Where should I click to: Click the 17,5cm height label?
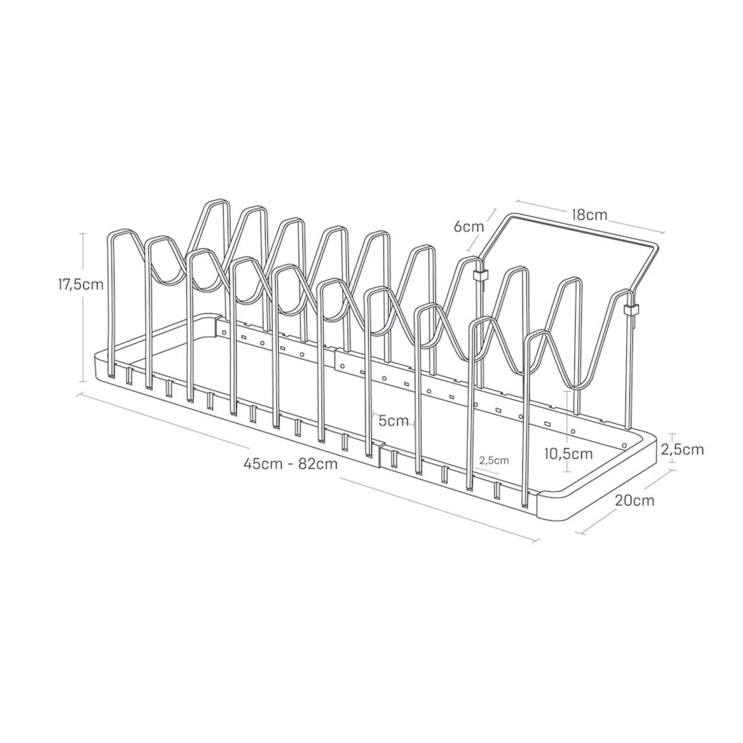pyautogui.click(x=81, y=285)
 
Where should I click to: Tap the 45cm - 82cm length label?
pyautogui.click(x=291, y=464)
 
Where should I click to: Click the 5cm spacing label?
pyautogui.click(x=394, y=421)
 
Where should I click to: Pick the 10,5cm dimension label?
pyautogui.click(x=569, y=454)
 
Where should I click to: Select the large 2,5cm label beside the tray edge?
pyautogui.click(x=683, y=450)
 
